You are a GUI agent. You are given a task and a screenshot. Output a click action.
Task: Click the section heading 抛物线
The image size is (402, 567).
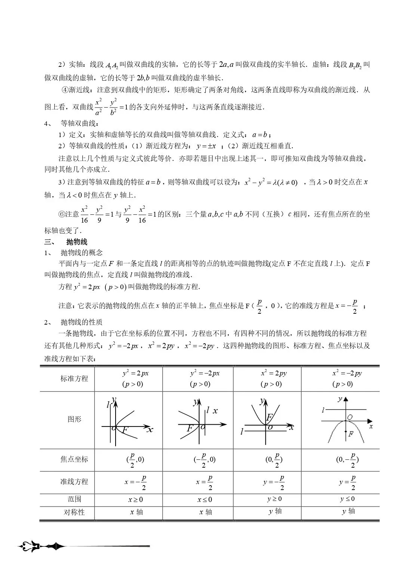77,242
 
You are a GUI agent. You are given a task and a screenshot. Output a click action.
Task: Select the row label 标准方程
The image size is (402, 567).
74,378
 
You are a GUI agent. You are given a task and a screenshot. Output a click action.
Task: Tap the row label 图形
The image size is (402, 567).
74,419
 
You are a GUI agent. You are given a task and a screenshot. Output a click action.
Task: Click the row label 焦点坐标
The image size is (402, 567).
74,459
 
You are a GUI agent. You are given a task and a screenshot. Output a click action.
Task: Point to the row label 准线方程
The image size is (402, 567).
74,482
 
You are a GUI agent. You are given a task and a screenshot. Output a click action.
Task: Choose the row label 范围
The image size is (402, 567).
74,499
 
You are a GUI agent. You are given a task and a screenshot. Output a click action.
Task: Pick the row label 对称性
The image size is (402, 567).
74,512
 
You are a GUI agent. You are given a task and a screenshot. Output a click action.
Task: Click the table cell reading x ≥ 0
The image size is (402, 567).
136,499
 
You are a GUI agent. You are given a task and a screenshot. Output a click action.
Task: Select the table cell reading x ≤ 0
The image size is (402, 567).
205,499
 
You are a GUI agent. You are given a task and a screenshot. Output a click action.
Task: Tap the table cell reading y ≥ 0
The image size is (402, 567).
274,499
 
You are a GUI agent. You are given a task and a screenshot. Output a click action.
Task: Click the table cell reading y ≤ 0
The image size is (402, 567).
347,499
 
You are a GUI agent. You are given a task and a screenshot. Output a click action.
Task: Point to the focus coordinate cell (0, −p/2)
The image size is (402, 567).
347,459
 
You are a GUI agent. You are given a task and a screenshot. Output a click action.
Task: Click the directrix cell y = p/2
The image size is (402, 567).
347,482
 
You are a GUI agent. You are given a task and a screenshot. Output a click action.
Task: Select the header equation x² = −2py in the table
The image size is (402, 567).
347,373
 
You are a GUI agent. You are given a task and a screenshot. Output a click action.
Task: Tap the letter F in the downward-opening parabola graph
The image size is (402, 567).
351,434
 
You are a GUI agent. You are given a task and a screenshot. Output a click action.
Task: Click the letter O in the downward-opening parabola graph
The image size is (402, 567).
350,417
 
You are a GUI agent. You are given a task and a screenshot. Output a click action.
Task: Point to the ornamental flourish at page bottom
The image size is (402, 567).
41,546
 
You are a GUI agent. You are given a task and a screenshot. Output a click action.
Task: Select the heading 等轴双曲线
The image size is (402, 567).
80,124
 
